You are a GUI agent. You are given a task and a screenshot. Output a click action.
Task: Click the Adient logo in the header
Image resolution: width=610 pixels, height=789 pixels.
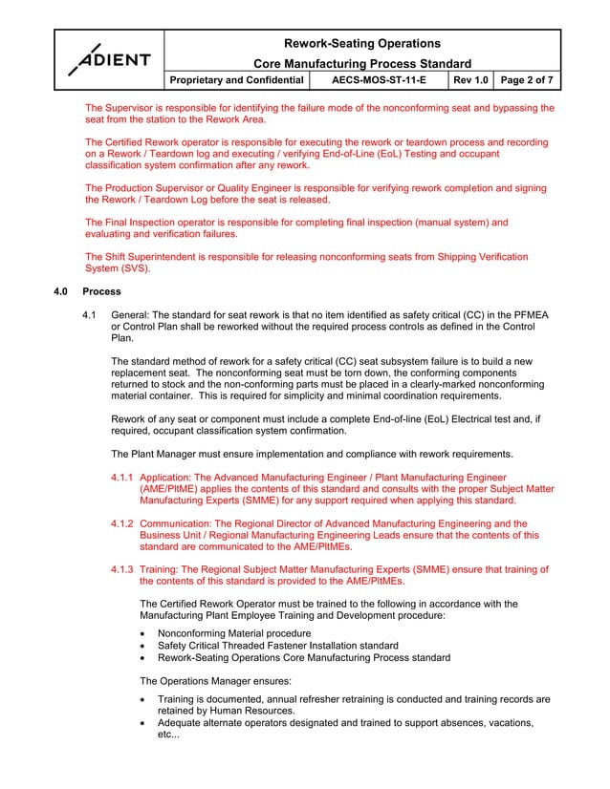(x=109, y=59)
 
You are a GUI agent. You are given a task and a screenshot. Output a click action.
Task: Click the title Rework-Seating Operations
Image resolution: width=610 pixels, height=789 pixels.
(x=362, y=43)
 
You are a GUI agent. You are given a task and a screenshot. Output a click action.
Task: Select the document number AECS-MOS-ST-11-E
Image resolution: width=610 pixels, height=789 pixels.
(x=379, y=80)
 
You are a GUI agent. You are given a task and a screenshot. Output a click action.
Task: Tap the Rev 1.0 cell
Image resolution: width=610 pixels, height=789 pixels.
(x=468, y=80)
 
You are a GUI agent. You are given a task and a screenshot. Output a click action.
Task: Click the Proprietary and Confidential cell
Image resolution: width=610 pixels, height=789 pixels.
(x=237, y=80)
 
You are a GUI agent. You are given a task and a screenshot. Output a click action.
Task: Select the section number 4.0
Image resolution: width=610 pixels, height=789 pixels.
(x=61, y=291)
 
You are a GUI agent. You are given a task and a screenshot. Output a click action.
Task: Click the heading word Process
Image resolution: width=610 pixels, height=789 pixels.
(x=102, y=291)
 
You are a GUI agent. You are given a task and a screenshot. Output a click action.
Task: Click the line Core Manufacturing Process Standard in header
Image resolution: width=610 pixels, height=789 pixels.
(x=362, y=63)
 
